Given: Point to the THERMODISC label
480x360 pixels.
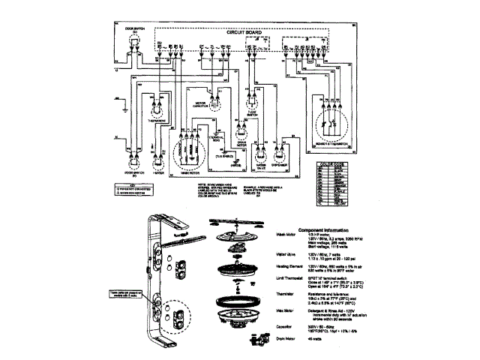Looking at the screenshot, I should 157,118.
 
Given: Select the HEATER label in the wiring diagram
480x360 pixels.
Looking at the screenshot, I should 157,172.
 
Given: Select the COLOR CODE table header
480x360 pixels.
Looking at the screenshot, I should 329,165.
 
